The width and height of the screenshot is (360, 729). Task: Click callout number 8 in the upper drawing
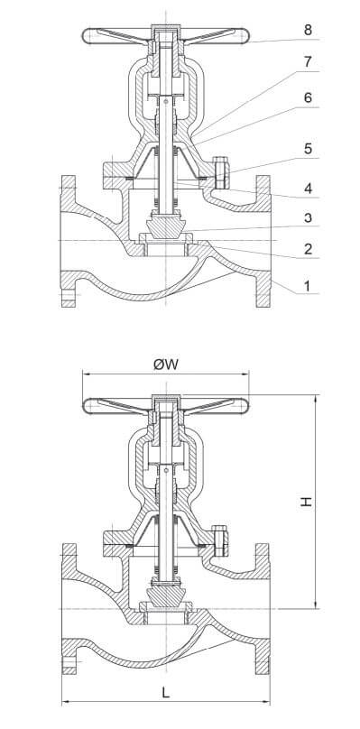click(308, 30)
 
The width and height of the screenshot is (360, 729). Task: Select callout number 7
click(308, 62)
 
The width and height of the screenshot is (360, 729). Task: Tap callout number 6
click(308, 97)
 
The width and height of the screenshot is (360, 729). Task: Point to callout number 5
click(308, 149)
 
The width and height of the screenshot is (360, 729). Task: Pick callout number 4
click(308, 189)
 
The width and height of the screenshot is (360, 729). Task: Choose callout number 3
click(308, 217)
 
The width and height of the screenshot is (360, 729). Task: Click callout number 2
click(308, 248)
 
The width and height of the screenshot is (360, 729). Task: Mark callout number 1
click(307, 285)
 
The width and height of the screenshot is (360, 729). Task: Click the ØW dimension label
click(166, 364)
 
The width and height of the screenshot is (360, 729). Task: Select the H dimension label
click(306, 502)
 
